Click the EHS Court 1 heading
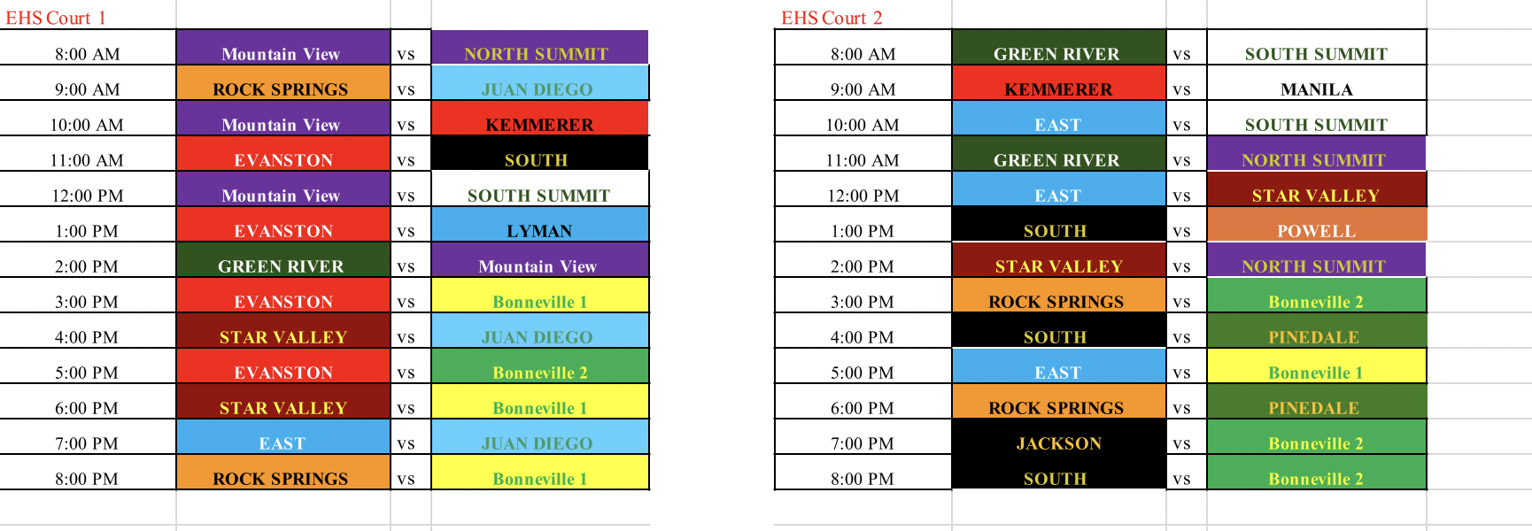(x=55, y=18)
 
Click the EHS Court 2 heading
(x=832, y=18)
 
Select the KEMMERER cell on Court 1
(x=539, y=118)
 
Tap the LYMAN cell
(x=539, y=224)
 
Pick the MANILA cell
(x=1316, y=82)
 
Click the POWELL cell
(x=1316, y=224)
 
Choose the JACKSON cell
(x=1058, y=436)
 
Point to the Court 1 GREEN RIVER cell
(x=282, y=259)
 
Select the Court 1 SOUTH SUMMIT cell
(x=539, y=189)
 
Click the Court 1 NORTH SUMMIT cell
(x=539, y=47)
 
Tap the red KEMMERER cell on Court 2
(x=1058, y=82)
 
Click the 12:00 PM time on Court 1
(x=87, y=196)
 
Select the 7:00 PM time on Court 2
(x=863, y=443)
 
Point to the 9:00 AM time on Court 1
(x=87, y=89)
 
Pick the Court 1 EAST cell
(x=282, y=436)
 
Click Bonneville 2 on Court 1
(x=539, y=366)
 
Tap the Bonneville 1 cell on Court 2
(x=1316, y=366)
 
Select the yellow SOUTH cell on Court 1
(x=539, y=153)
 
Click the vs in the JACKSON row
(x=1181, y=444)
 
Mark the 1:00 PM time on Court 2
(x=863, y=231)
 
